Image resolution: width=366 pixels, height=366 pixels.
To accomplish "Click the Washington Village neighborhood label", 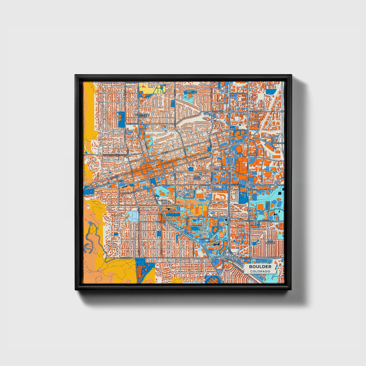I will (x=142, y=115).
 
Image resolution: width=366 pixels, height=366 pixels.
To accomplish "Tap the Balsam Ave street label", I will (x=132, y=124).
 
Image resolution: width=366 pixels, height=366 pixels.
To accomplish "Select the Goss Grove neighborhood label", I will (x=197, y=178).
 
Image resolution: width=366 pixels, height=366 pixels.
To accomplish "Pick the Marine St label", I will (x=253, y=189).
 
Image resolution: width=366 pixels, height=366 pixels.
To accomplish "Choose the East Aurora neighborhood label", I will (x=270, y=242).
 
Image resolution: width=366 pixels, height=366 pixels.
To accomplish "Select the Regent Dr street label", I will (x=218, y=223).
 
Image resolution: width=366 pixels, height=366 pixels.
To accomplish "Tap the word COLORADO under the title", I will (x=260, y=271).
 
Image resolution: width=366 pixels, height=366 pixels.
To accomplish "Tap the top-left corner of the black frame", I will (x=75, y=75).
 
